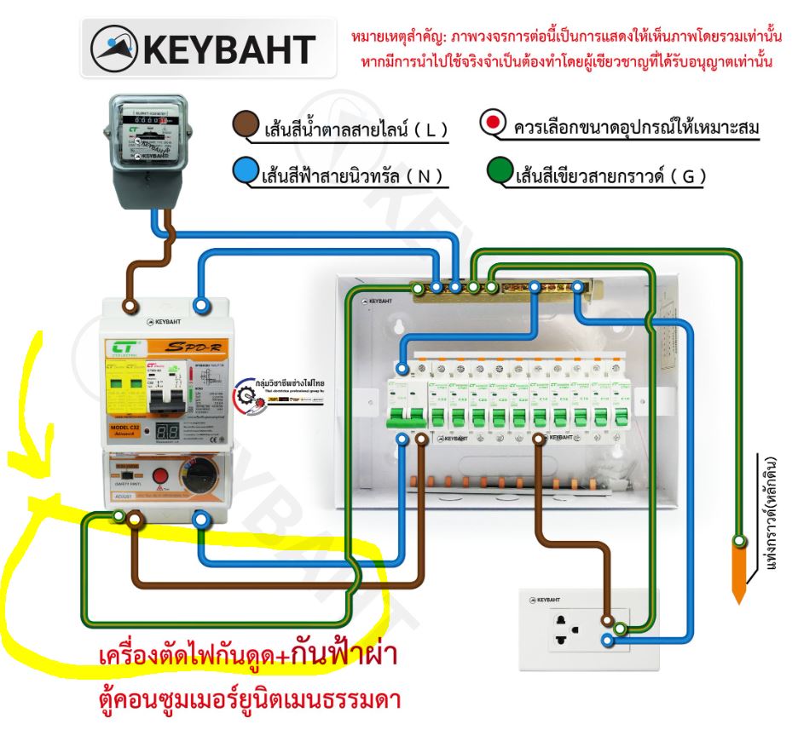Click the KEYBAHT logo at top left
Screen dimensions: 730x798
click(202, 49)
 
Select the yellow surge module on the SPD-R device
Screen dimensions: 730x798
click(125, 388)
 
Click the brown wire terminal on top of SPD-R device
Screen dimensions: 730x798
click(130, 304)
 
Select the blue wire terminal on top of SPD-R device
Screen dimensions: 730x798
click(201, 304)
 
